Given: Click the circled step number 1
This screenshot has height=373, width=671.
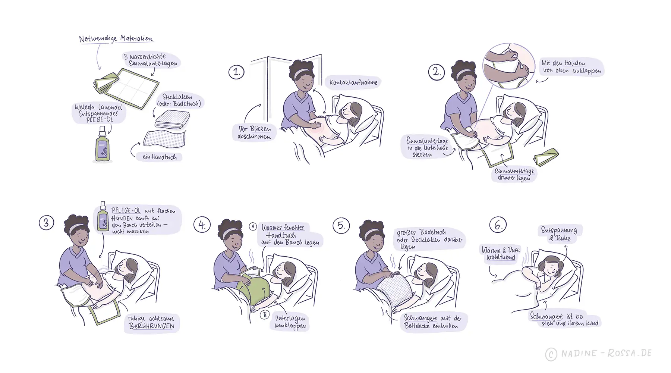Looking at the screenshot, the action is tap(236, 72).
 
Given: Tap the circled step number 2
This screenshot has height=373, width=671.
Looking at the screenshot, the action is tap(436, 72).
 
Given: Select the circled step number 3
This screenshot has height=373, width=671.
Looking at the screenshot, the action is tap(47, 223).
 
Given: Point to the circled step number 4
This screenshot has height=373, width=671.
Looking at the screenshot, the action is tap(202, 225).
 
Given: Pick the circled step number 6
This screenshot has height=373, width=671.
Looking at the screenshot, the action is tap(498, 225).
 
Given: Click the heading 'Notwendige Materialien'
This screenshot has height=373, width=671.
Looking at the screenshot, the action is tap(116, 39).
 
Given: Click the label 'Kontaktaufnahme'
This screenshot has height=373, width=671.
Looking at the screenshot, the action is tap(353, 82).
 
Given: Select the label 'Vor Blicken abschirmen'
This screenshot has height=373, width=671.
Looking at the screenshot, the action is tap(255, 132).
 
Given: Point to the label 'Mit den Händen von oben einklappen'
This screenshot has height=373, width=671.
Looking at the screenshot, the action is tap(571, 67).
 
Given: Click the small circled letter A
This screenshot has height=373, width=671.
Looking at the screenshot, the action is tap(253, 226).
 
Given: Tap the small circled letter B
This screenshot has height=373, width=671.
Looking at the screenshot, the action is tap(265, 314).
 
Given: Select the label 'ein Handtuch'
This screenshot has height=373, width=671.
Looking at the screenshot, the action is tap(160, 157).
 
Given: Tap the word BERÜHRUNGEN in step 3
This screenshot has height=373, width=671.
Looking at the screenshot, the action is tap(152, 326).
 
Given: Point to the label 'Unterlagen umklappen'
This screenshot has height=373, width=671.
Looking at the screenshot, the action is tap(290, 322).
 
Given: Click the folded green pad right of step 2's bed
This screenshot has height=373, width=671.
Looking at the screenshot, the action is tap(546, 157).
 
